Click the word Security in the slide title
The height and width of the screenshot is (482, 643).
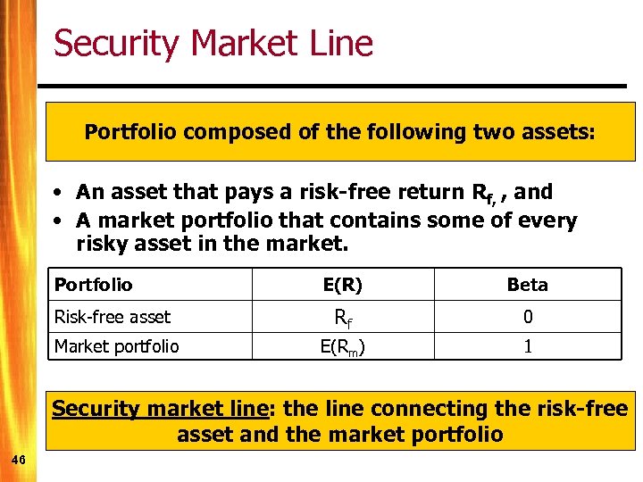pos(113,44)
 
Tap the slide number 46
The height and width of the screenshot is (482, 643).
pos(18,459)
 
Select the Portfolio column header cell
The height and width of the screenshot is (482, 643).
pos(93,285)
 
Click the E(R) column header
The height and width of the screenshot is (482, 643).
pos(342,285)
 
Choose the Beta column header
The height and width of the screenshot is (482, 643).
pos(527,285)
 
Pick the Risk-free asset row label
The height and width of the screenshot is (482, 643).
pos(113,316)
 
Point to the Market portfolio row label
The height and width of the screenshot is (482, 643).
pos(117,345)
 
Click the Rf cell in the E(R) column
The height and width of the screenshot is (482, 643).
pos(342,317)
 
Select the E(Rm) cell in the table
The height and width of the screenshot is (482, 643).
pos(342,346)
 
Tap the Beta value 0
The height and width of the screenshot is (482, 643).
pos(527,317)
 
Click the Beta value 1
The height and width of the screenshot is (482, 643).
pos(527,346)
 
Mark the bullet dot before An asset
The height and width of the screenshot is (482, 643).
pos(56,193)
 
